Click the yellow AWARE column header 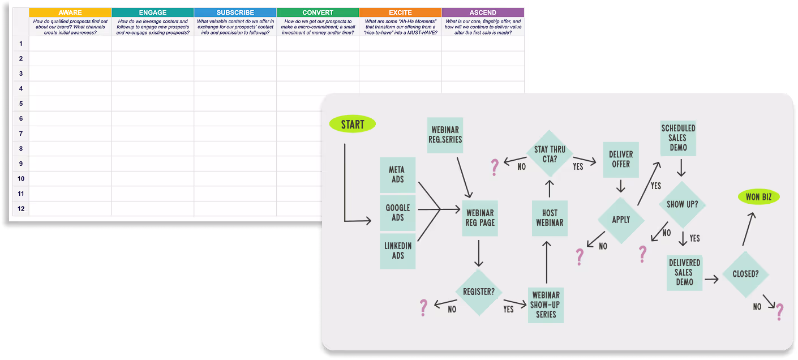[x=70, y=12]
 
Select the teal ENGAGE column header [x=153, y=12]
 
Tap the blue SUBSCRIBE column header [x=235, y=12]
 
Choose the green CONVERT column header [x=318, y=12]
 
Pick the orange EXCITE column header [x=400, y=12]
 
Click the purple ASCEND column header [x=483, y=12]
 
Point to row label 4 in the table [x=20, y=88]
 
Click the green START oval [x=352, y=125]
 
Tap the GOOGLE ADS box [x=398, y=213]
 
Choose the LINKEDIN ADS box [x=398, y=251]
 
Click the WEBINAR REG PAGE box [x=480, y=218]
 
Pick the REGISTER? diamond [x=479, y=292]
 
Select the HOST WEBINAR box [x=550, y=218]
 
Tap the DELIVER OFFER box [x=621, y=159]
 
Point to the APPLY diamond [x=621, y=220]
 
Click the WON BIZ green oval [x=758, y=197]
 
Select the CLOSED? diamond [x=745, y=274]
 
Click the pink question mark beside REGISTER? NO [x=423, y=308]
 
